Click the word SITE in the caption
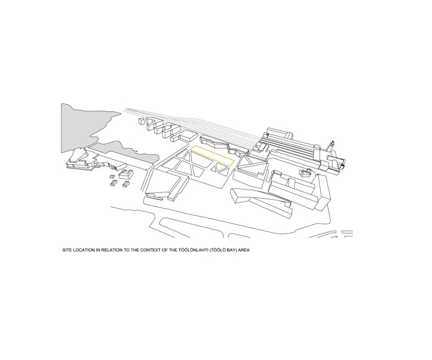tap(66, 250)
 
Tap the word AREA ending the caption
tap(244, 250)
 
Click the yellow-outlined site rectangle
tap(212, 156)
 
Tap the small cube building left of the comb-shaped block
tap(141, 121)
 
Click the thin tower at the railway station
tap(332, 146)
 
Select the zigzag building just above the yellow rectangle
tap(224, 145)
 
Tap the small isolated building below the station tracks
tap(306, 173)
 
